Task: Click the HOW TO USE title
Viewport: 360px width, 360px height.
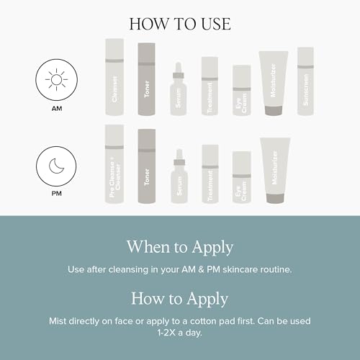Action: (x=180, y=23)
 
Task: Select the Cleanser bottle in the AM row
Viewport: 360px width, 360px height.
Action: (x=114, y=78)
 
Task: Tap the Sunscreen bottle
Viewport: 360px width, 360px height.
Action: (x=305, y=81)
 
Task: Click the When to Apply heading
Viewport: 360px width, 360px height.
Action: (x=180, y=247)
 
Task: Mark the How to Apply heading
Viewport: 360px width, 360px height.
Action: (x=180, y=298)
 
